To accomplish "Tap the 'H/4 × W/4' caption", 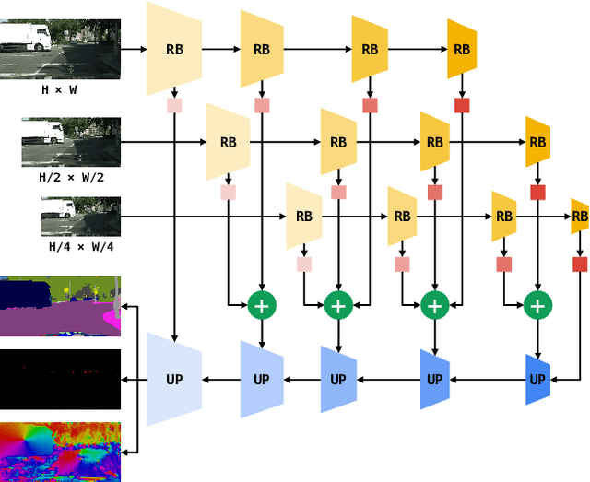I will [x=81, y=247].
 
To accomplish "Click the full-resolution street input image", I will [x=59, y=50].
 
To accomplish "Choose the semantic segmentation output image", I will [x=60, y=306].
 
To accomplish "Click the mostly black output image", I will [x=60, y=379].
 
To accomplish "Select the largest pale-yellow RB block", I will [x=173, y=48].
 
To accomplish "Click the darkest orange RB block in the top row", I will [x=462, y=48].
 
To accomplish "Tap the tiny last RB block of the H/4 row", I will [x=580, y=217].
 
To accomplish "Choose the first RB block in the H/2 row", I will [x=229, y=143].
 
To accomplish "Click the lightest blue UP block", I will [x=173, y=379].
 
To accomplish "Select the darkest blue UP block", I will [x=537, y=379].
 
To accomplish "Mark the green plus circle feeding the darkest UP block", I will [x=537, y=305].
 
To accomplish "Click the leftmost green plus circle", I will [x=263, y=305].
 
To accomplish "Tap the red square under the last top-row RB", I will [x=462, y=106].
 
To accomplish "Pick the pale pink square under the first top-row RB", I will [x=173, y=106].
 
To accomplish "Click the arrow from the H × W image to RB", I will [x=134, y=48].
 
